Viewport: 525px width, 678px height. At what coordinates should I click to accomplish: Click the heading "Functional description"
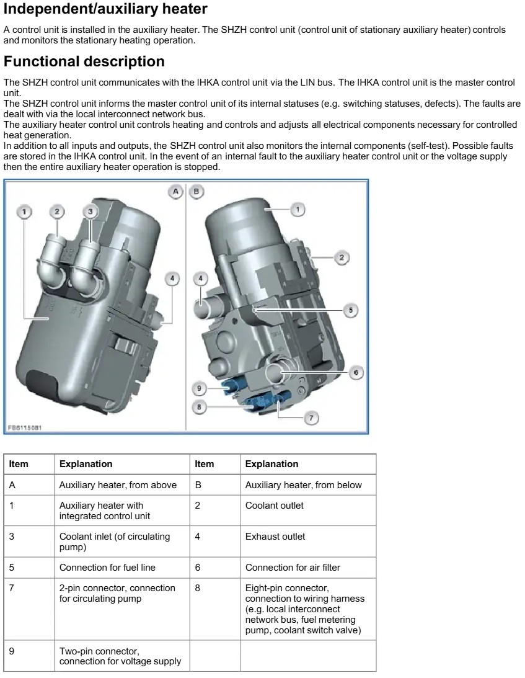coord(84,62)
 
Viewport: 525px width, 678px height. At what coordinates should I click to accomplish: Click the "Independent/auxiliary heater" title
coord(105,9)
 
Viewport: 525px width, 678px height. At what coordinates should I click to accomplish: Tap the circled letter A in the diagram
coord(176,192)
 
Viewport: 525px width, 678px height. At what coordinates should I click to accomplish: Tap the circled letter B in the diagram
coord(196,192)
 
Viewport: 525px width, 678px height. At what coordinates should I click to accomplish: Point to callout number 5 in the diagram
coord(350,310)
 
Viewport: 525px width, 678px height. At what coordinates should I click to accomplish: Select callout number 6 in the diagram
coord(356,372)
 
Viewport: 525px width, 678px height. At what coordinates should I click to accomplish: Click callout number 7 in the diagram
coord(311,418)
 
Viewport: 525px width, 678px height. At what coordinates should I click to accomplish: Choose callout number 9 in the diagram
coord(200,389)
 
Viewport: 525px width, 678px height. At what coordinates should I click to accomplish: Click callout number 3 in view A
coord(90,212)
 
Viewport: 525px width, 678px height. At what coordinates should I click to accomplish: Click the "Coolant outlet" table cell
coord(275,506)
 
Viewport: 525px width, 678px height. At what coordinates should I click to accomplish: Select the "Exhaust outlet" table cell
coord(275,537)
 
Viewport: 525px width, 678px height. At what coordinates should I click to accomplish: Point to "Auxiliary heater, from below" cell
coord(303,485)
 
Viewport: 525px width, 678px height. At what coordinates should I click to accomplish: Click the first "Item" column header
coord(19,464)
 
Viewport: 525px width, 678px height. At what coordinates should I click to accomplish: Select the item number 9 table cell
coord(12,651)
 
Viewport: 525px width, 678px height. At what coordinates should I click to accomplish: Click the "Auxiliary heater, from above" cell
coord(118,485)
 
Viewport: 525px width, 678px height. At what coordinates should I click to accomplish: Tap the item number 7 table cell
coord(12,588)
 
